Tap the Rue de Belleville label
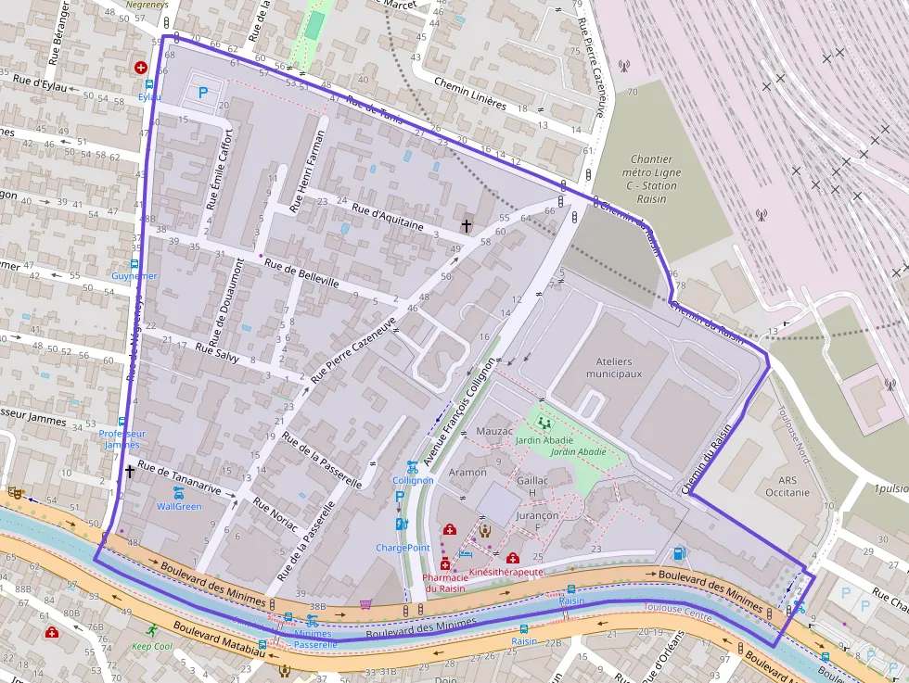[301, 274]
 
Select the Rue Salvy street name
[217, 352]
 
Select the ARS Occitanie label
[781, 487]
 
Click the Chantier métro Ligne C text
[649, 172]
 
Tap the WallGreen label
[179, 506]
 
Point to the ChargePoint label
[403, 548]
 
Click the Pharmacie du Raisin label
[444, 582]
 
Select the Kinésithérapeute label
[506, 573]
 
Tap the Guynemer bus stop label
[134, 276]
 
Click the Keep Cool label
[151, 646]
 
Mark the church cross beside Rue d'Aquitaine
[467, 224]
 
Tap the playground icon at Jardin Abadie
[543, 423]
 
